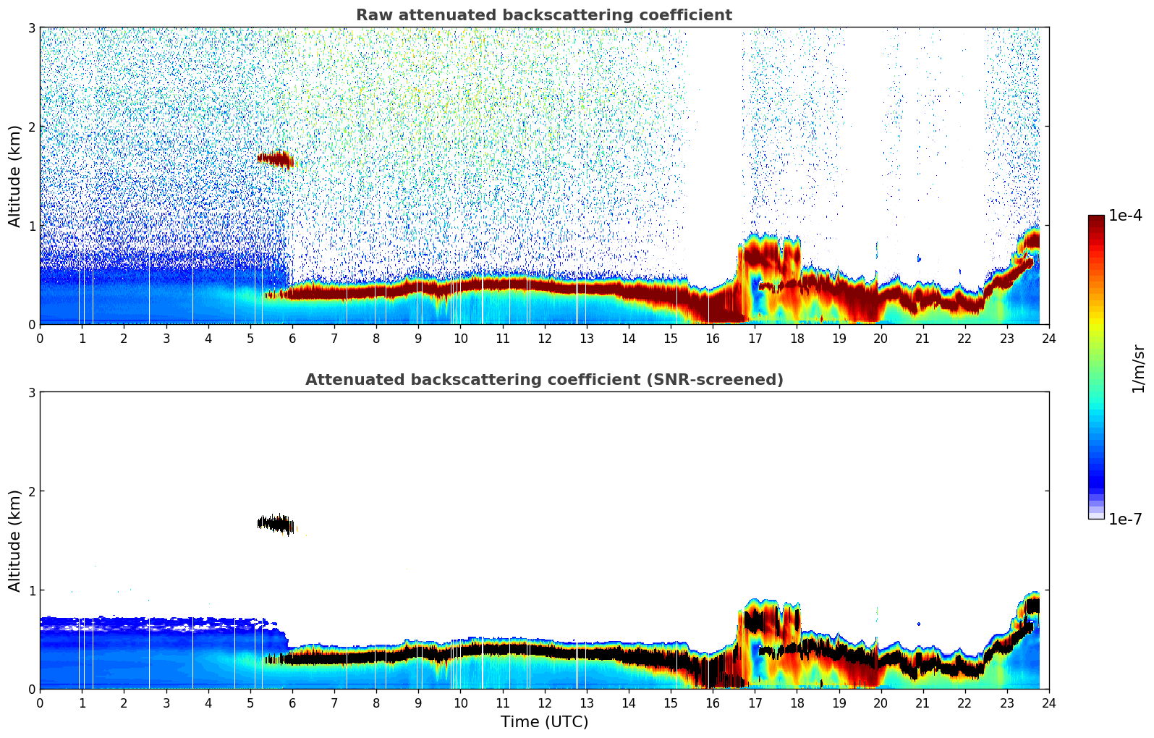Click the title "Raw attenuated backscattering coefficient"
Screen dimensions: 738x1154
click(x=543, y=15)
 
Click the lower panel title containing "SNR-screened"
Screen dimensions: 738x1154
click(x=543, y=380)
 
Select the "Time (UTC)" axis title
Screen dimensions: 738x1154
click(x=544, y=721)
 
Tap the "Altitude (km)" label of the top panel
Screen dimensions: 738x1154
click(x=14, y=176)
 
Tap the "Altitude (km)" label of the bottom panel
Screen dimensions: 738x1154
click(x=14, y=540)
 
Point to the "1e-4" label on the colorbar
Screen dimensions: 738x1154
click(x=1125, y=216)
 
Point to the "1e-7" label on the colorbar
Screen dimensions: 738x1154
click(x=1125, y=519)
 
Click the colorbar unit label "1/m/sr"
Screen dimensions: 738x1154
click(x=1138, y=369)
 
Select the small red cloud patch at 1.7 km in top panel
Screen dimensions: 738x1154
click(x=276, y=158)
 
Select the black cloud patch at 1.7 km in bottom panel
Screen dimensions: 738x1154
click(x=276, y=523)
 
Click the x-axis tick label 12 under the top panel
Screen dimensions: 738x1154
click(x=544, y=338)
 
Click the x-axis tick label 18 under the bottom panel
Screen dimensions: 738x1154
click(x=797, y=703)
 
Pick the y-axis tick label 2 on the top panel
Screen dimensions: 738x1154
click(x=31, y=127)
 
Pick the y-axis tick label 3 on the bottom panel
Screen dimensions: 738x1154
click(x=31, y=392)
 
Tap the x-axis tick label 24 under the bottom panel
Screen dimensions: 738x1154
click(x=1048, y=703)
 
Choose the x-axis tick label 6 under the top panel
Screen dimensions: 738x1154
click(x=292, y=338)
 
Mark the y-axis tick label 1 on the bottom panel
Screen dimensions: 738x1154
click(x=31, y=590)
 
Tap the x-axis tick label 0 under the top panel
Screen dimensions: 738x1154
click(x=40, y=338)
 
